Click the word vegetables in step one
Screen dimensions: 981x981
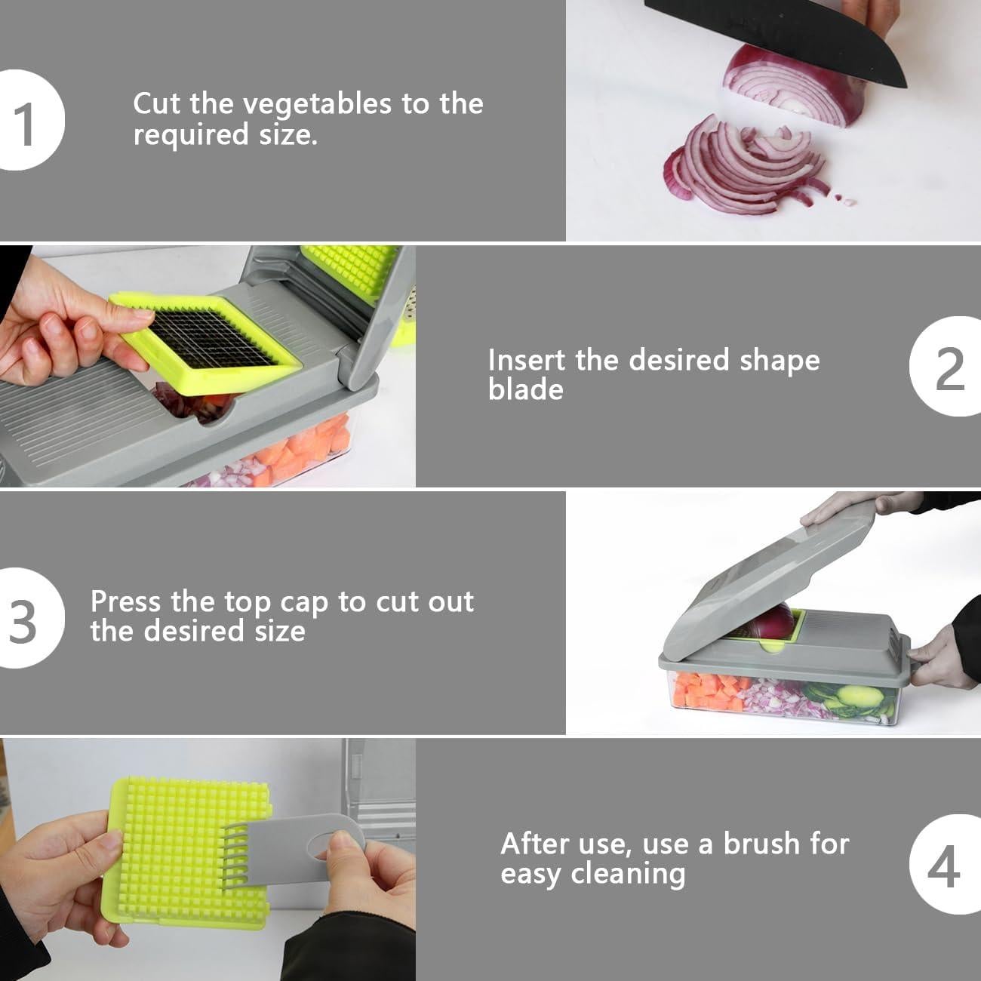317,105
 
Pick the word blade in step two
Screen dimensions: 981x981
525,390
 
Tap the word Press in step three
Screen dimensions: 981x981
125,601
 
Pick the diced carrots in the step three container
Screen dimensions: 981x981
708,690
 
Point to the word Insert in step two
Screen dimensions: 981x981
527,360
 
